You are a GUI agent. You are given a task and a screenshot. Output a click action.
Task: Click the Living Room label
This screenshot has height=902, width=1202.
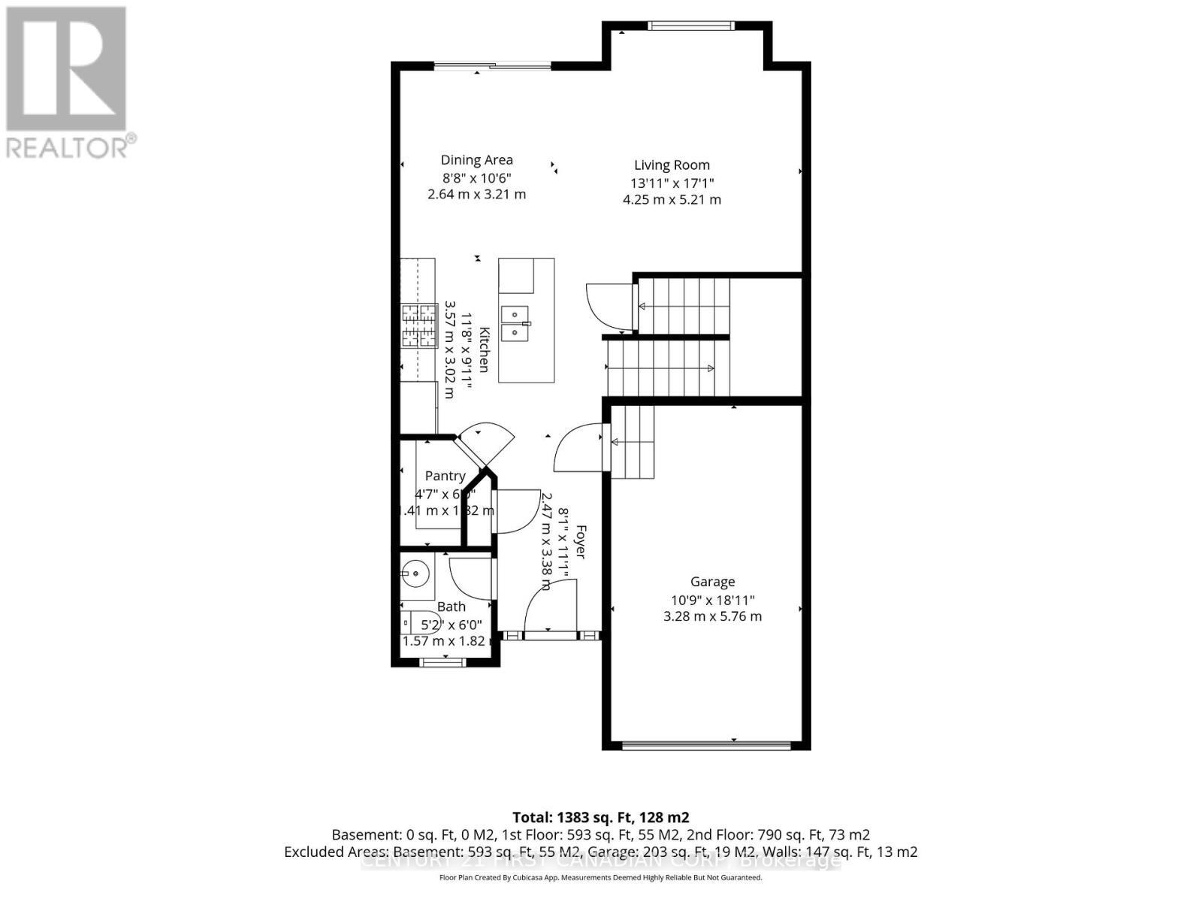(671, 165)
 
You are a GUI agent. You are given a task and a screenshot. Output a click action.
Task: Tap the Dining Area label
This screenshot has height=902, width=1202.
(476, 159)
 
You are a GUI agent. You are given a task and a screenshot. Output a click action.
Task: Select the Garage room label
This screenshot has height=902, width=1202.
(712, 581)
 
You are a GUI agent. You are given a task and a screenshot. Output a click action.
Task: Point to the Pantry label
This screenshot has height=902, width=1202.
(445, 476)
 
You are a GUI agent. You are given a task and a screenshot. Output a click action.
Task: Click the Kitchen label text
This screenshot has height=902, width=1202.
(485, 350)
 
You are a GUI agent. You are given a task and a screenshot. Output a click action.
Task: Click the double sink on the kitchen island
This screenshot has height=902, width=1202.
(516, 322)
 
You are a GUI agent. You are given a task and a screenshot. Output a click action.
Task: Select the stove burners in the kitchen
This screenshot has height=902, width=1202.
(418, 325)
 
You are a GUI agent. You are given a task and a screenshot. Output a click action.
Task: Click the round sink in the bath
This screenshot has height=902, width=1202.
(414, 576)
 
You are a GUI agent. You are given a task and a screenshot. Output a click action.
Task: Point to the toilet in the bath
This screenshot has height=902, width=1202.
(409, 623)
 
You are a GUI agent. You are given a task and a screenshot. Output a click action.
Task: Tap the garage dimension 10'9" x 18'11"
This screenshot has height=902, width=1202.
(712, 600)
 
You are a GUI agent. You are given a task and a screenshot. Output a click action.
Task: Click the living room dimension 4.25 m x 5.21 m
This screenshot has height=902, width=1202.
(672, 200)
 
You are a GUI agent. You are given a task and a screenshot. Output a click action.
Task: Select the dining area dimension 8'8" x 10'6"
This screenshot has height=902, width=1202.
(476, 178)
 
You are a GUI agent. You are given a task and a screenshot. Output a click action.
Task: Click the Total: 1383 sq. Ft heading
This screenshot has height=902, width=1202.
(600, 817)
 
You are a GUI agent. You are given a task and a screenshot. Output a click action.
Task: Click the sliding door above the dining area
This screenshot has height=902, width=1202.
(493, 66)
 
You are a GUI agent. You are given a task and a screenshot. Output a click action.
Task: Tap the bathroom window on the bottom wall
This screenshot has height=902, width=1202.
(442, 662)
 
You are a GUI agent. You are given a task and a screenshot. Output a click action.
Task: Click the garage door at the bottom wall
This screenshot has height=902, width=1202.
(706, 746)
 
